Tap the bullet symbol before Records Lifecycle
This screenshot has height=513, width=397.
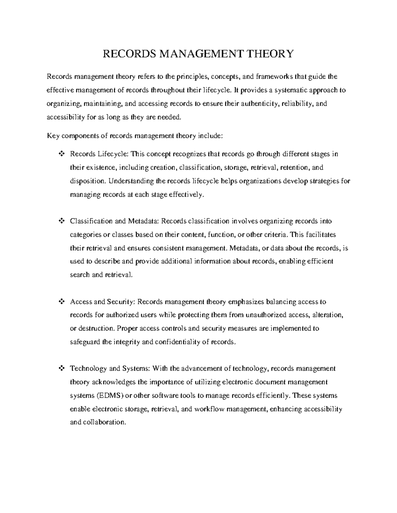[x=61, y=154]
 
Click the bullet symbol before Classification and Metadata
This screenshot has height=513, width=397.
[x=61, y=221]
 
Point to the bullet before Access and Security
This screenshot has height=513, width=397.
[x=61, y=302]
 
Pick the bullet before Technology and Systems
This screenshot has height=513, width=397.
[x=61, y=369]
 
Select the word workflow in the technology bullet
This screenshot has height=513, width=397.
[x=209, y=409]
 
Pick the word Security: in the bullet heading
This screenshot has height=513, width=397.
[x=121, y=302]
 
